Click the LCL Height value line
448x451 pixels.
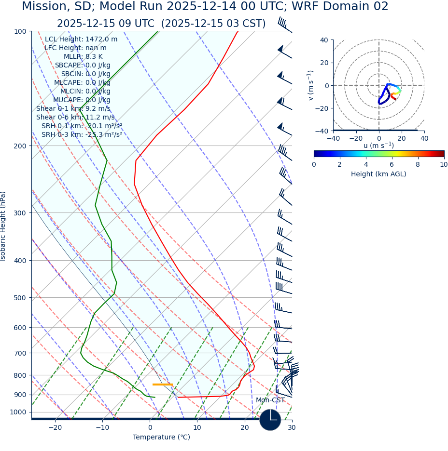tap(81, 40)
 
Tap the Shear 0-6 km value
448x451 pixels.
tap(75, 118)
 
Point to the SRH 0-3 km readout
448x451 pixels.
tap(82, 135)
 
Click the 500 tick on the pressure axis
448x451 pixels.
tap(20, 298)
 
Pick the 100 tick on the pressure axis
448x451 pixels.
tap(20, 31)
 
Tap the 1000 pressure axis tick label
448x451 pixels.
tap(18, 412)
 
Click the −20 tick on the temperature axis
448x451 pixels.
tap(55, 428)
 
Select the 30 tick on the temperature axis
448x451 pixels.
tap(292, 428)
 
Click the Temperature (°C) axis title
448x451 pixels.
tap(161, 438)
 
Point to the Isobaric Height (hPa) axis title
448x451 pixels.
tap(3, 226)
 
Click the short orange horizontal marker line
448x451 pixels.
tap(162, 385)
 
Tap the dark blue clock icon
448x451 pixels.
tap(270, 420)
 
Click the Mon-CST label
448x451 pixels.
tap(270, 400)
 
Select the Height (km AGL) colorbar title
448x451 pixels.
tap(378, 174)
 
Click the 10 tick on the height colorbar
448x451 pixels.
tap(444, 165)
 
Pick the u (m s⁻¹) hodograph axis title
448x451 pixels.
tap(378, 146)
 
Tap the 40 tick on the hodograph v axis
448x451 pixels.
tap(323, 40)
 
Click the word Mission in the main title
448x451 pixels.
tap(43, 7)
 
